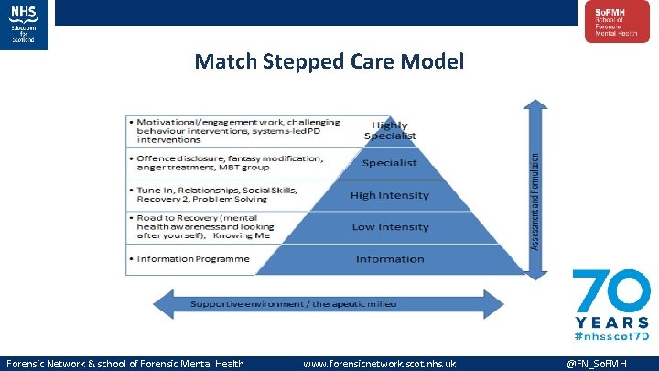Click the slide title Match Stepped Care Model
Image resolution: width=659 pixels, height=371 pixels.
[329, 61]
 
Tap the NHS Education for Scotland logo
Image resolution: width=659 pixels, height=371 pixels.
[25, 24]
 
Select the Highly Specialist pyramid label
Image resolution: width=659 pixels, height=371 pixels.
[390, 130]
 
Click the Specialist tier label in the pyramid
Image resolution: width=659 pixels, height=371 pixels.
[390, 163]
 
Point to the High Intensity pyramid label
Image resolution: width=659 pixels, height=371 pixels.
[390, 195]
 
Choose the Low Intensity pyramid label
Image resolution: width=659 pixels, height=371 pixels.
[390, 227]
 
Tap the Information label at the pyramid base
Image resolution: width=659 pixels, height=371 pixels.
[390, 259]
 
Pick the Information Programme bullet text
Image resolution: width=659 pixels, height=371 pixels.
[192, 259]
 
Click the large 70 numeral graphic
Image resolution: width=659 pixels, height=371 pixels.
[611, 291]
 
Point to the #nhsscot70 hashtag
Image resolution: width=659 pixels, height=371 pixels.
[611, 337]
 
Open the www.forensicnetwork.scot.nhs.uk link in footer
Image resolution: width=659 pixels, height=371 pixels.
[379, 364]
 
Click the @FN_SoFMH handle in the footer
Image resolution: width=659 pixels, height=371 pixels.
[608, 364]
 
